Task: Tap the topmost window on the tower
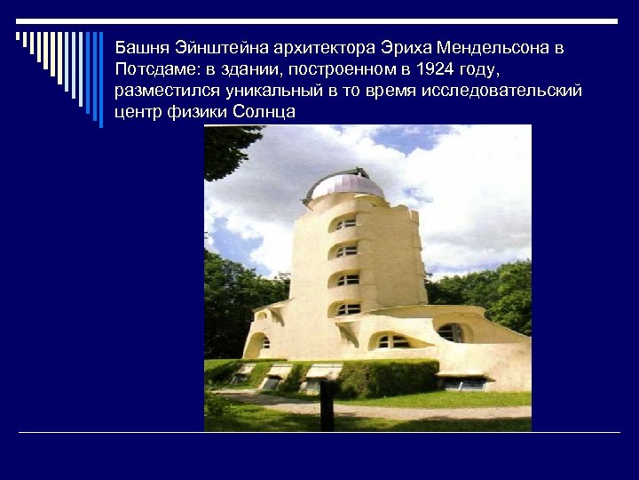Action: pyautogui.click(x=346, y=224)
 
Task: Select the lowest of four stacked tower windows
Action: pyautogui.click(x=347, y=308)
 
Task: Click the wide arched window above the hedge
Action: pyautogui.click(x=390, y=341)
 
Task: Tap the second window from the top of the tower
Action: pyautogui.click(x=347, y=252)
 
